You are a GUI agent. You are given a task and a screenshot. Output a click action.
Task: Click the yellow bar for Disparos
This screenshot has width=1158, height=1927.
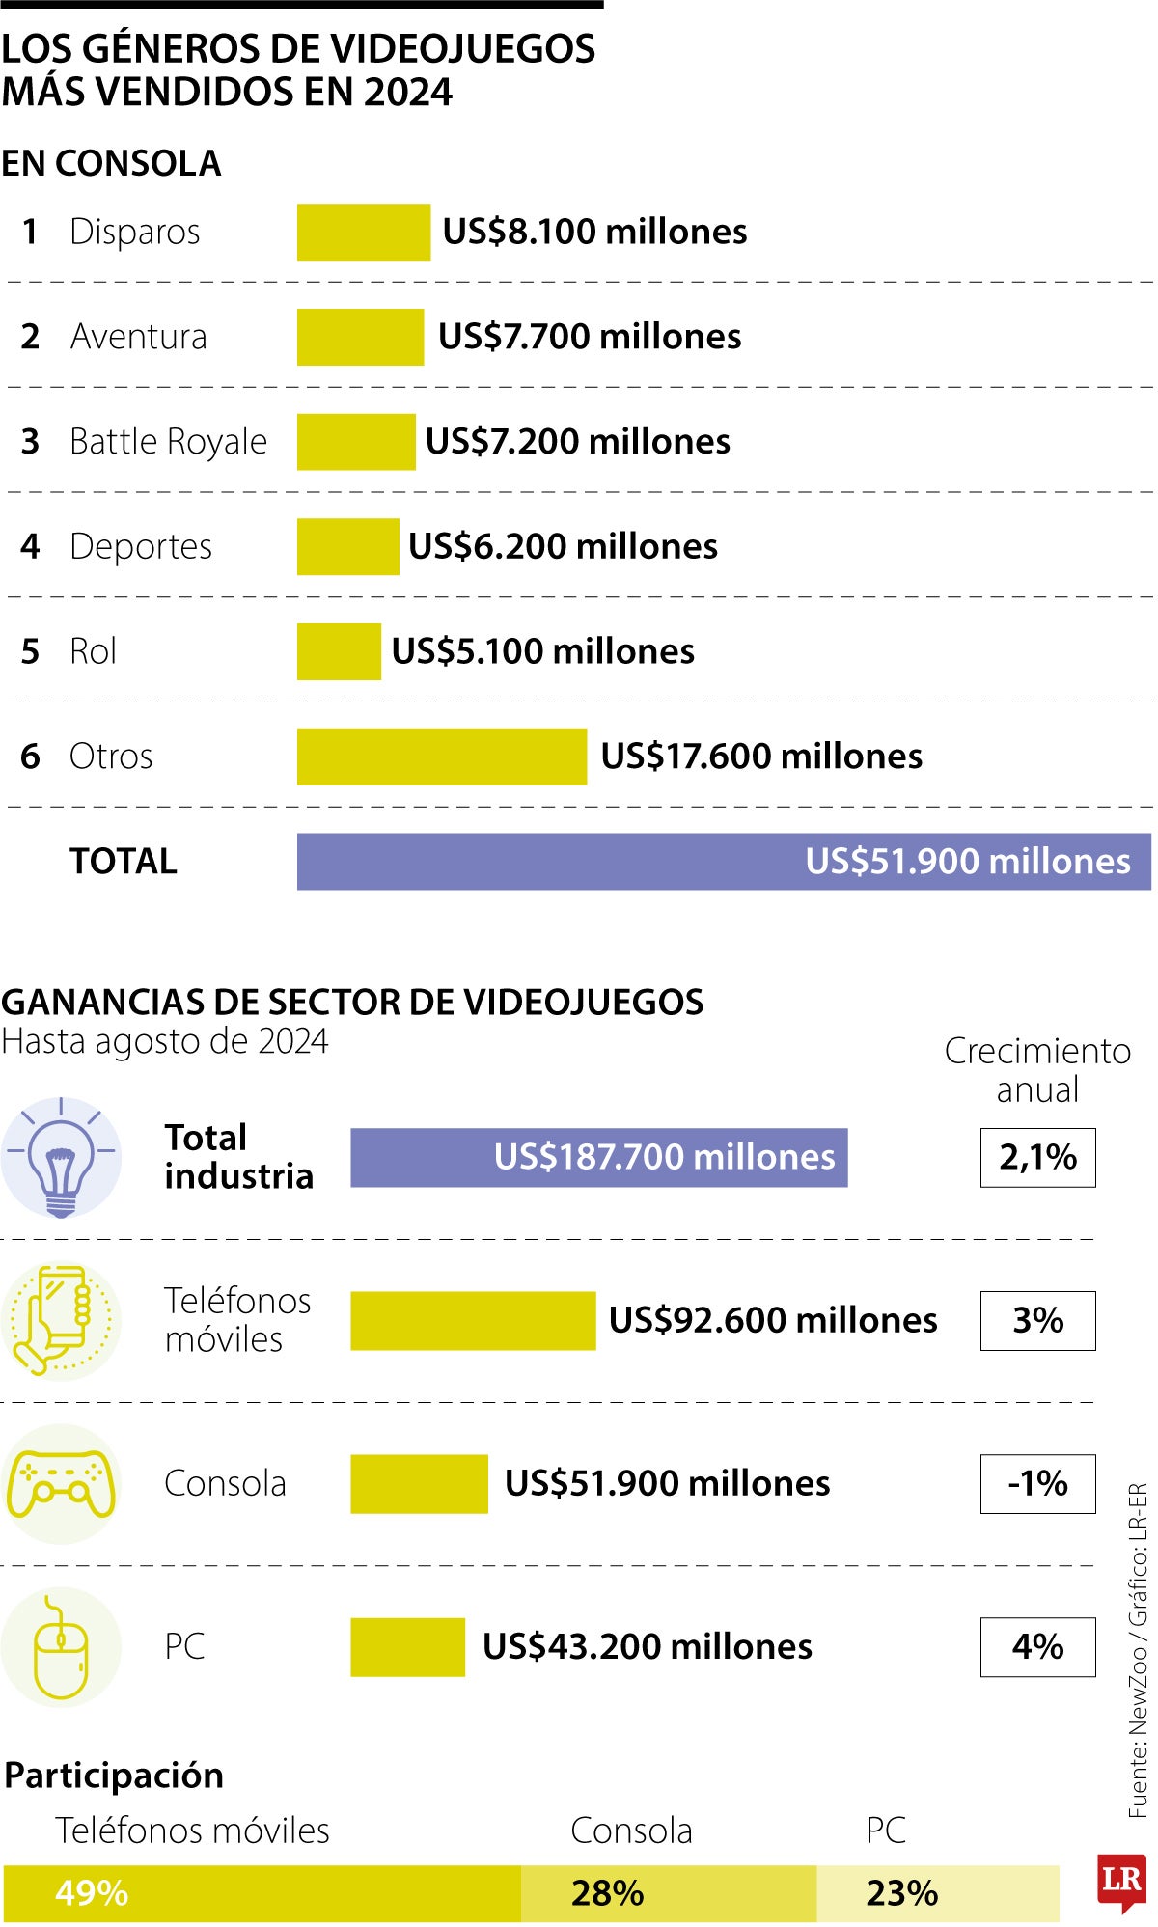coord(363,232)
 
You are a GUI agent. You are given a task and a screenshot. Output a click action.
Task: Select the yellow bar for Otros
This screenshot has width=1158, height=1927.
coord(441,757)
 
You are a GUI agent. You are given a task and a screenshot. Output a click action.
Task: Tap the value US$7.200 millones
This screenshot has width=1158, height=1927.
coord(577,441)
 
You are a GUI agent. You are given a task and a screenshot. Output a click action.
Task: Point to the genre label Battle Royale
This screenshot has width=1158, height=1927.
coord(168,441)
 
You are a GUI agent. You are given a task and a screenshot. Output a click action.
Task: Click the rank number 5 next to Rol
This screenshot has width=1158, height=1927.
coord(30,651)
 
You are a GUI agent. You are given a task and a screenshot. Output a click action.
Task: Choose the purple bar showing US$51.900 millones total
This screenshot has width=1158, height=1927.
coord(723,861)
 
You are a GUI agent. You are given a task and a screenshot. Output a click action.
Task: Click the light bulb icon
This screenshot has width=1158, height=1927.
coord(61,1157)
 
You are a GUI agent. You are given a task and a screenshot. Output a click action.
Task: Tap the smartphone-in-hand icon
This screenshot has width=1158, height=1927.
coord(60,1319)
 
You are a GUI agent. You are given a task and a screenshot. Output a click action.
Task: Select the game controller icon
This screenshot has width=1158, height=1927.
coord(61,1483)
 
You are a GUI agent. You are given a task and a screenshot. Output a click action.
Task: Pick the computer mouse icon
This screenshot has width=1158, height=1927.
coord(61,1647)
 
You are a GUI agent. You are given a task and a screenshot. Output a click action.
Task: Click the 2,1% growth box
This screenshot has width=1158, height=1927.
coord(1037,1157)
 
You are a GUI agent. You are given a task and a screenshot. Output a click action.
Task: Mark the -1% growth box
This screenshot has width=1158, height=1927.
coord(1037,1483)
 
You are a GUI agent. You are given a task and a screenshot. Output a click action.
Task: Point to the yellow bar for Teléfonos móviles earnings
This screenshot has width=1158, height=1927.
coord(473,1320)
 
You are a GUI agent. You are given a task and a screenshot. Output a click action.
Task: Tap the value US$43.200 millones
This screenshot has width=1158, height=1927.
coord(647,1646)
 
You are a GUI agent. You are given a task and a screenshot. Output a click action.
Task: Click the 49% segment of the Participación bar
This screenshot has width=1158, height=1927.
coord(262,1893)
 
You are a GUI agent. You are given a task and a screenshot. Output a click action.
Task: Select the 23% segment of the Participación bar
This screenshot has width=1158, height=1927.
coord(937,1893)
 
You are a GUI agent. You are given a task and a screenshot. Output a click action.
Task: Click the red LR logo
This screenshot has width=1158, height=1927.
coord(1121,1881)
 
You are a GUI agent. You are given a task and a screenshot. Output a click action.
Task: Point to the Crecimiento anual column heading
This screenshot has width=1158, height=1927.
coord(1037,1070)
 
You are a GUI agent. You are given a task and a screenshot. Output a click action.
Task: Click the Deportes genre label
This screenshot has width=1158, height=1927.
coord(141,546)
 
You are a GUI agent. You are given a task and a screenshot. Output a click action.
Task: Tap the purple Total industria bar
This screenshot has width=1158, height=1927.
coord(598,1157)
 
